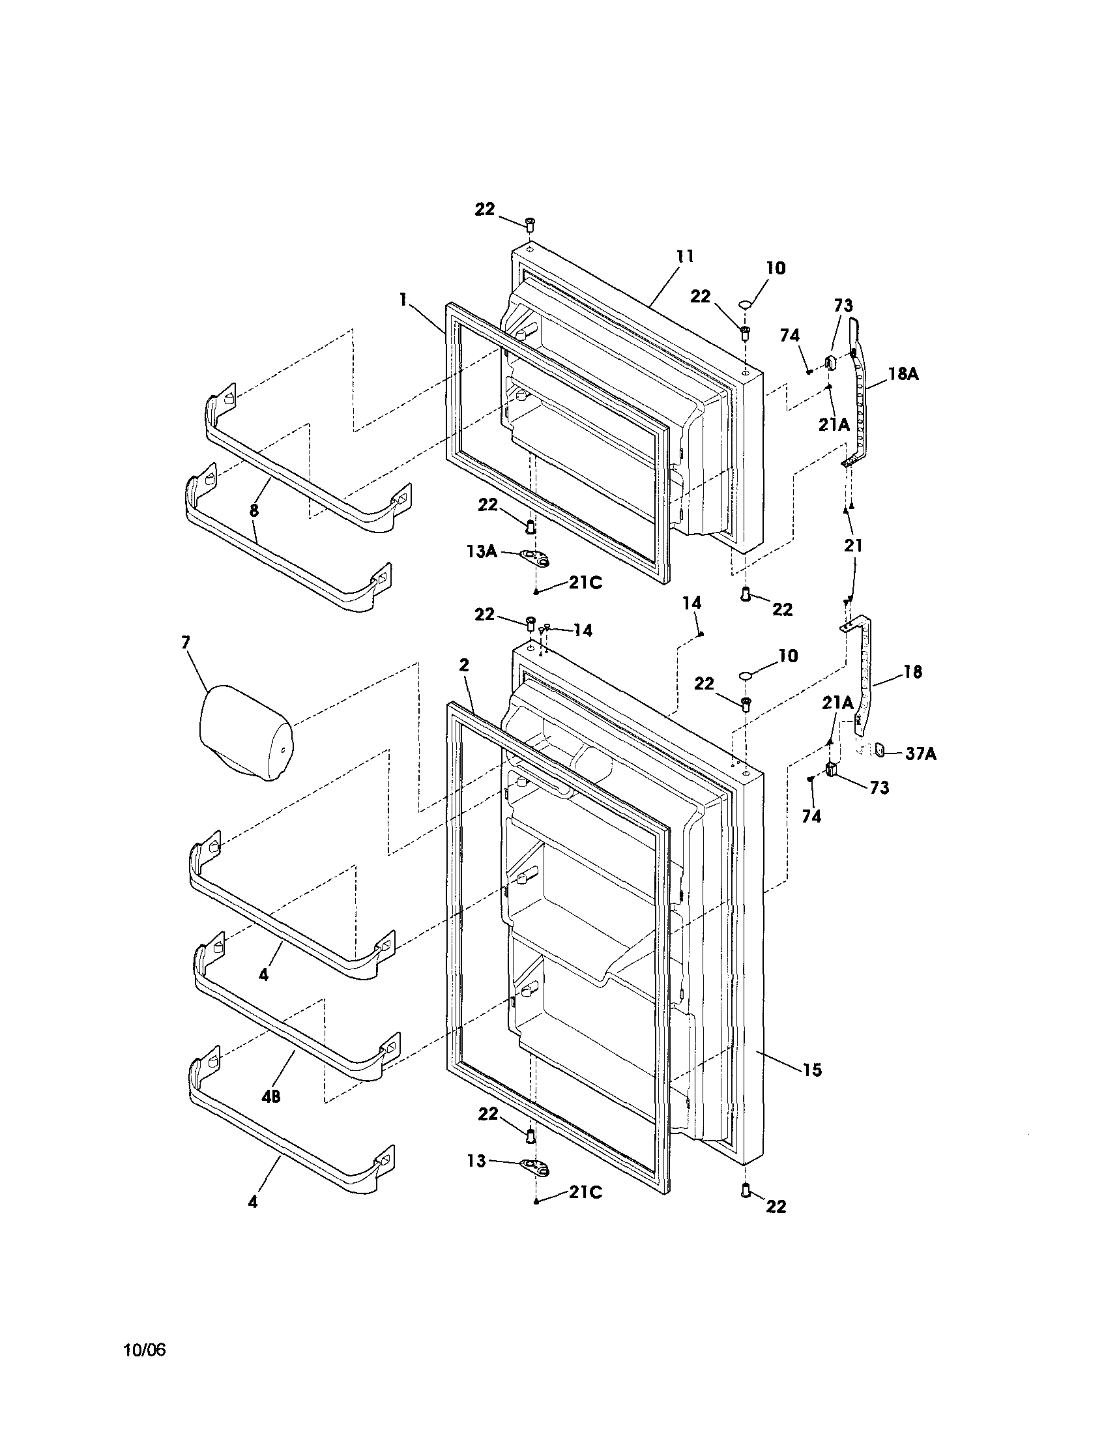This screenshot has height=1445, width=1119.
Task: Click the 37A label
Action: [x=920, y=753]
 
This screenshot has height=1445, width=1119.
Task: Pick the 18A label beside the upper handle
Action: [x=903, y=374]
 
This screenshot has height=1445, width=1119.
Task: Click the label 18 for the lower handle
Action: [x=912, y=671]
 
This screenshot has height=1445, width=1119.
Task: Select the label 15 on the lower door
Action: [x=812, y=1069]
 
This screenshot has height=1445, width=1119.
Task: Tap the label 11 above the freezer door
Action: [x=685, y=257]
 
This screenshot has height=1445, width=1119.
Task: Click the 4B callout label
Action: [x=270, y=1096]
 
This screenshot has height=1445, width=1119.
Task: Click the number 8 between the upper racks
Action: [x=254, y=510]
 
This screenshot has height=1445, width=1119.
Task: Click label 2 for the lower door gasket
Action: [x=464, y=665]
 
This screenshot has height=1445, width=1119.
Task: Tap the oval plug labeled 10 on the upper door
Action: [x=745, y=304]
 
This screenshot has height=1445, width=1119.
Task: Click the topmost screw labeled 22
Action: [x=529, y=224]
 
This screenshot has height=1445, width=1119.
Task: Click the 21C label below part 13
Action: [x=585, y=1191]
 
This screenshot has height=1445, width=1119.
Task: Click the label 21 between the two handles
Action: [x=854, y=545]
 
